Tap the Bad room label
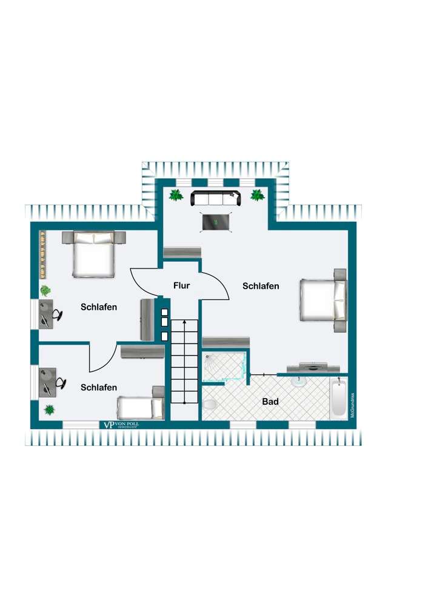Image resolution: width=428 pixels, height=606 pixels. pos(270,401)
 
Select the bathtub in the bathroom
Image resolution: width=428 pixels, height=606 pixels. pos(338,399)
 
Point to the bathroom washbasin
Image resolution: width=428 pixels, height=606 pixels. pos(299,382)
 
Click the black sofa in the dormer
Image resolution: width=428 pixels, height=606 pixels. pos(215,198)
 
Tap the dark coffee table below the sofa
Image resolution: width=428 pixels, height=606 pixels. pos(216,222)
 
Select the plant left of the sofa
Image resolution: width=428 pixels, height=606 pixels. pos(176,195)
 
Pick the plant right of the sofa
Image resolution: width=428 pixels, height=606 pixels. pos(257,195)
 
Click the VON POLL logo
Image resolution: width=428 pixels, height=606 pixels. pos(121,425)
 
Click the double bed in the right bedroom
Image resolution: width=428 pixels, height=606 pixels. pos(323,301)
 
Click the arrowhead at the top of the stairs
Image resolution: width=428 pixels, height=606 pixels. pos(184,324)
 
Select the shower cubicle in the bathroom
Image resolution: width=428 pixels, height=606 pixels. pos(224,367)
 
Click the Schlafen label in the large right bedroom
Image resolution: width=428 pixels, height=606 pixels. pos(261,286)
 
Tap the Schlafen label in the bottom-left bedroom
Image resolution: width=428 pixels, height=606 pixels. pos(99,387)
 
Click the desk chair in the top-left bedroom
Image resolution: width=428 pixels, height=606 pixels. pos(58,314)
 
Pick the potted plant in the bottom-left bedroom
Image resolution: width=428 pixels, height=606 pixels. pos(48,409)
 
